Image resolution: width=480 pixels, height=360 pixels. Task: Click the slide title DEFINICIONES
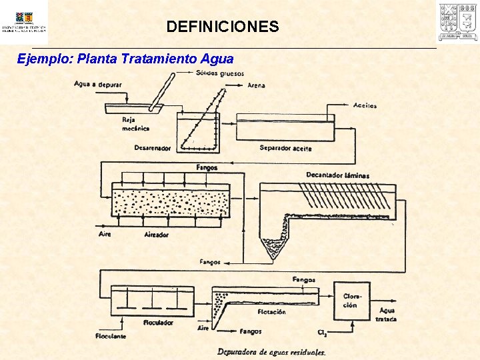223,27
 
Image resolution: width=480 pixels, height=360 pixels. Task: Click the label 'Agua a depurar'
94,85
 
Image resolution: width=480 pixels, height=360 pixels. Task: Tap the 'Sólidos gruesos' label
220,73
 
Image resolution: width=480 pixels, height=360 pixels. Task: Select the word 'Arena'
256,85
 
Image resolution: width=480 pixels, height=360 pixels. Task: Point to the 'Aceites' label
365,105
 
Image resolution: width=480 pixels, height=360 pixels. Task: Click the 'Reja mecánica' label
135,124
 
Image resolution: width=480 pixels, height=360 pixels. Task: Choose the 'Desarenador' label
152,148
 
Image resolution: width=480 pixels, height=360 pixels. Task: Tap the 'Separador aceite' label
285,148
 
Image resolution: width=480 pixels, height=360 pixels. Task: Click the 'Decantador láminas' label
337,175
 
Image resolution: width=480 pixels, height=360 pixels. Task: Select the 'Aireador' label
157,235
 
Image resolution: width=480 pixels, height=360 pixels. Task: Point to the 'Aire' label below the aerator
105,234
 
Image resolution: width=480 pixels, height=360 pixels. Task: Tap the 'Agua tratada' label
387,315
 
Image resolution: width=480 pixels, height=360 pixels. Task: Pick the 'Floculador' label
158,323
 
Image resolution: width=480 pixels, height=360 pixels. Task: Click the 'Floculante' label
110,337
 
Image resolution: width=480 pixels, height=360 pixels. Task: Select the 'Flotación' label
271,311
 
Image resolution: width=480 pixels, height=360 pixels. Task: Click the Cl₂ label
323,332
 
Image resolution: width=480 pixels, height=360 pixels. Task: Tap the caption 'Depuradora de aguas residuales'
271,351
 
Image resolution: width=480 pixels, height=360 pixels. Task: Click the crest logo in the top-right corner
457,22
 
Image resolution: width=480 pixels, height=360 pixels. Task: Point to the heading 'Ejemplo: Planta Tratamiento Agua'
125,59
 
